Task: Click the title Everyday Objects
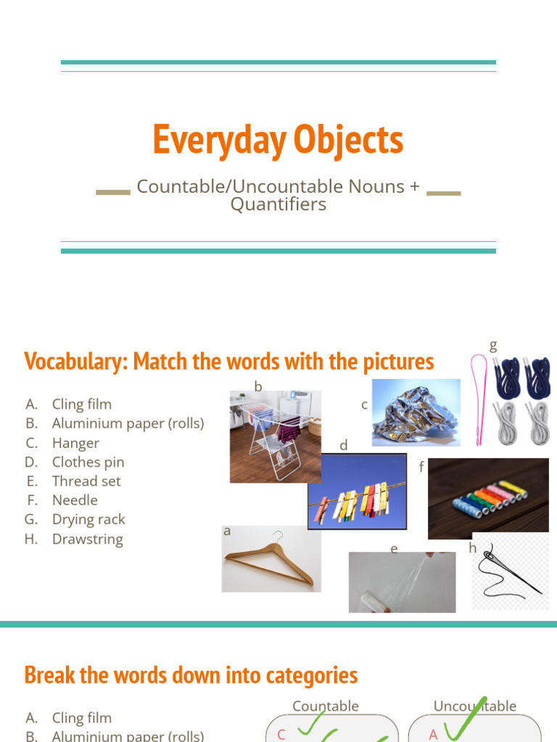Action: pos(278,140)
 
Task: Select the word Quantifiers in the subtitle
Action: pos(278,205)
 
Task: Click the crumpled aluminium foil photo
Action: pos(416,412)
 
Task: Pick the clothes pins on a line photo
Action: pos(357,491)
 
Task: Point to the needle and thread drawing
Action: pos(508,573)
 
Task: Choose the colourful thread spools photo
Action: pos(487,499)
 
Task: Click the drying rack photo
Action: pos(275,437)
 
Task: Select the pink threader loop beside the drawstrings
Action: pos(479,399)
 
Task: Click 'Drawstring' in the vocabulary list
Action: pos(87,539)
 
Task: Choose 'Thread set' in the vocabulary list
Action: pos(86,481)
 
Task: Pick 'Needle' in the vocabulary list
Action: pos(75,500)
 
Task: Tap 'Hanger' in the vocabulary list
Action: pos(75,443)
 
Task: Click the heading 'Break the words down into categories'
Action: pos(191,675)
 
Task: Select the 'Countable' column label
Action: pos(325,706)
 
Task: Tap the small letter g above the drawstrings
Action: pos(493,346)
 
